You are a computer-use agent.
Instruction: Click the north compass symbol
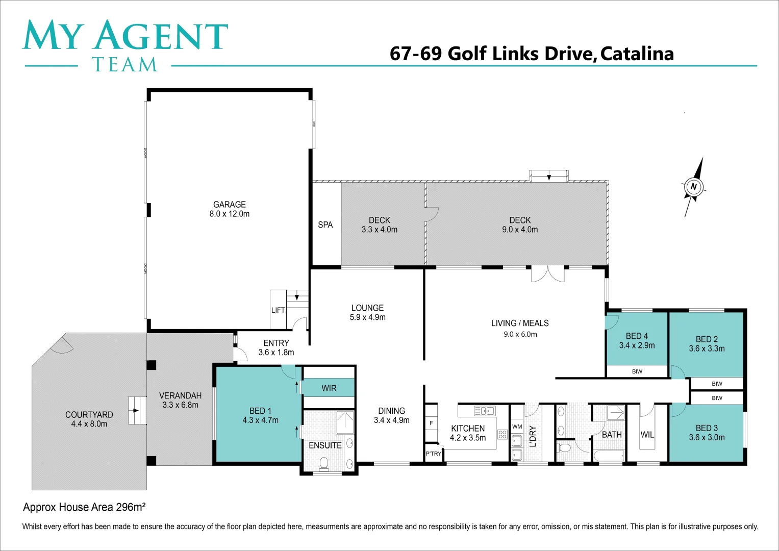point(693,187)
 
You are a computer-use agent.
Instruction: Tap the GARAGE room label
point(230,204)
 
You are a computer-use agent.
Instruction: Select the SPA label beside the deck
point(325,224)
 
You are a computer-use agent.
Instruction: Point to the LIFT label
point(278,310)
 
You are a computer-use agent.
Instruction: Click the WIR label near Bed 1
point(329,388)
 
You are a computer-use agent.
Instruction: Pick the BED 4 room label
point(637,336)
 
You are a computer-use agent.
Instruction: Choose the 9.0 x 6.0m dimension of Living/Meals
point(520,335)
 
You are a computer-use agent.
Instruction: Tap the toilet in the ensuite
point(323,463)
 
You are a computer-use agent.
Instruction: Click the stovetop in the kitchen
point(502,435)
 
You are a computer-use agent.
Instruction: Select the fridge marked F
point(431,423)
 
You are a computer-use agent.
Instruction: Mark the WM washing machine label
point(517,427)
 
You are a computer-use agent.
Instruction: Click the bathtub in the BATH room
point(609,456)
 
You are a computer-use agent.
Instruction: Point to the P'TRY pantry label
point(433,454)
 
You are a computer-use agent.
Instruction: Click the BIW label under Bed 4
point(637,371)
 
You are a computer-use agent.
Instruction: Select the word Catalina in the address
point(637,54)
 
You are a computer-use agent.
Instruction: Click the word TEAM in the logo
point(124,65)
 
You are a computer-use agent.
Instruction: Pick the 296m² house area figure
point(131,507)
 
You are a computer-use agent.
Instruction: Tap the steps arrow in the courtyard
point(135,410)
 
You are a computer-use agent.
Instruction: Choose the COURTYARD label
point(89,415)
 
